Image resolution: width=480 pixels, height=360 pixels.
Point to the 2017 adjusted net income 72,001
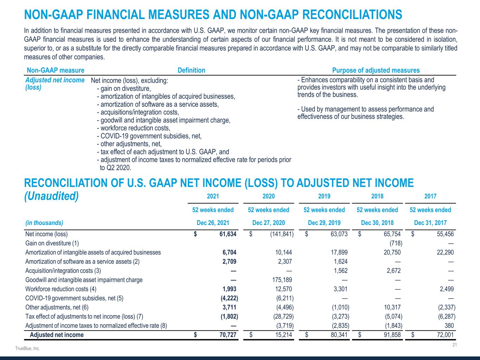click(444, 335)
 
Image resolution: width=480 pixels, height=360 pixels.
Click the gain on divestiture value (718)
click(396, 243)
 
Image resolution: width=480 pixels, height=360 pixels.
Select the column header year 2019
click(324, 196)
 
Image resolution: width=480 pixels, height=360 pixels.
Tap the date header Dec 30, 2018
click(377, 223)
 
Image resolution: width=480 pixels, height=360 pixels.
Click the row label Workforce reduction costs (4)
click(61, 289)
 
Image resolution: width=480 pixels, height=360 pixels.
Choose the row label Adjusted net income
click(57, 335)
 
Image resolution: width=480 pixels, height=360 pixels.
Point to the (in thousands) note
click(44, 223)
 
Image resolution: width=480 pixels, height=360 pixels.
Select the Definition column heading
click(191, 70)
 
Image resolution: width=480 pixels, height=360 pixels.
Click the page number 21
click(454, 345)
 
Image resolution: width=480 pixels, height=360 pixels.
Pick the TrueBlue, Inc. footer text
click(27, 348)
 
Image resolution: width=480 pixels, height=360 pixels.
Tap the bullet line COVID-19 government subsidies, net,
click(149, 136)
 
